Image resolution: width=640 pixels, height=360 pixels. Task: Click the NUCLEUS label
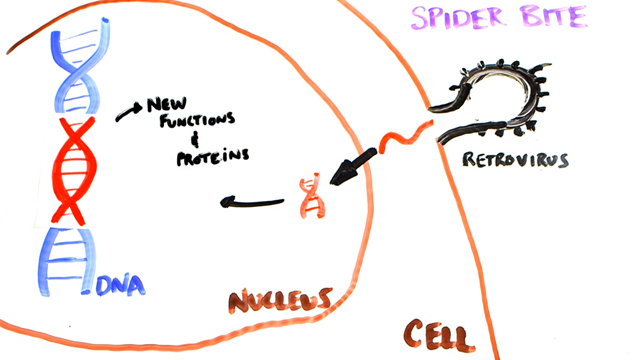281,299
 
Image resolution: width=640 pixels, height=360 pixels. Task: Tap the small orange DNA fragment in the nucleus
312,195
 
